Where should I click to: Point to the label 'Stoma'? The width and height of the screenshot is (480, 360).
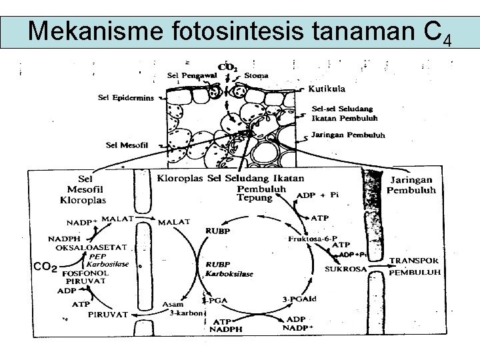256,75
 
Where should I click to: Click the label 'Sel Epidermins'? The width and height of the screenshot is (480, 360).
125,97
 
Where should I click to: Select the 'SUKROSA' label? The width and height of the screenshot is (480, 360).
346,269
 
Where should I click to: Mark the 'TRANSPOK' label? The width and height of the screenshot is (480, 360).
413,261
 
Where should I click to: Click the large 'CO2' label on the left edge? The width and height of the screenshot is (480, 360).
45,267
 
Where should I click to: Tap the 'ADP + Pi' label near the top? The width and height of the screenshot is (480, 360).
317,195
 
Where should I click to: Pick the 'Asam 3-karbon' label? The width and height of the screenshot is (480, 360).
177,308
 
